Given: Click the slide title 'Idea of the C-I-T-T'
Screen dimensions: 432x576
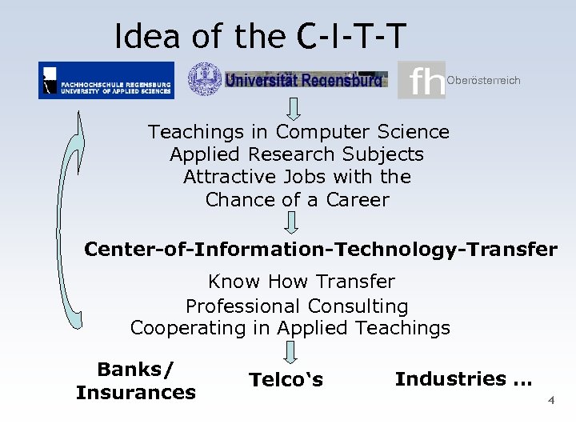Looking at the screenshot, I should (x=260, y=35).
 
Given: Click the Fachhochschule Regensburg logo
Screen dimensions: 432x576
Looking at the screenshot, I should (x=106, y=80).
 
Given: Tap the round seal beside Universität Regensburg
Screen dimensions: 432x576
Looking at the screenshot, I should (x=204, y=79).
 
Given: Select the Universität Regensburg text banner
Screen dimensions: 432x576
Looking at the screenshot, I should (x=305, y=79).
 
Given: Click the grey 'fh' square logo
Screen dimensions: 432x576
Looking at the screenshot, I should (x=421, y=80).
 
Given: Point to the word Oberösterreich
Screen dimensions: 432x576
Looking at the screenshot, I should (x=483, y=80).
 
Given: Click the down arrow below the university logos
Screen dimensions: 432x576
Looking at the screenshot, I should (x=294, y=108).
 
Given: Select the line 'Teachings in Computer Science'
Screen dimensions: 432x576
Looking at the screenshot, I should (x=298, y=132).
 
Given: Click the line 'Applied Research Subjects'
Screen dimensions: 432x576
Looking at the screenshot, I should (x=297, y=154).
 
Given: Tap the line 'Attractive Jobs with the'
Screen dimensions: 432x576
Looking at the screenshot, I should (x=297, y=177).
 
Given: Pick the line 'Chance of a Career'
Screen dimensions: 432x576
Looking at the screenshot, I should (x=297, y=199).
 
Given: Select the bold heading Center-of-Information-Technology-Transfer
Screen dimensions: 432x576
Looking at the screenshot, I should (x=320, y=249).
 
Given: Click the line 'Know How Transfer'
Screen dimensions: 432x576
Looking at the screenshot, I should (x=301, y=282).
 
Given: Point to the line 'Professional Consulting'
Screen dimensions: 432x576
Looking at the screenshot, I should (x=297, y=306).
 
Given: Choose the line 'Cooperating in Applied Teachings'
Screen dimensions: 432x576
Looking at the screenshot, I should (x=290, y=328).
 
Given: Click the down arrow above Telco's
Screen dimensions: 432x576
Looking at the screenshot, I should (x=290, y=352).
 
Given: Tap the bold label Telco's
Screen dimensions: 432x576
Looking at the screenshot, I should (x=286, y=380).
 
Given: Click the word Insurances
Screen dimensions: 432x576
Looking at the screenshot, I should (x=136, y=393).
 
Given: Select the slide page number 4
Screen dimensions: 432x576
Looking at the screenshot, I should (x=550, y=400).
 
